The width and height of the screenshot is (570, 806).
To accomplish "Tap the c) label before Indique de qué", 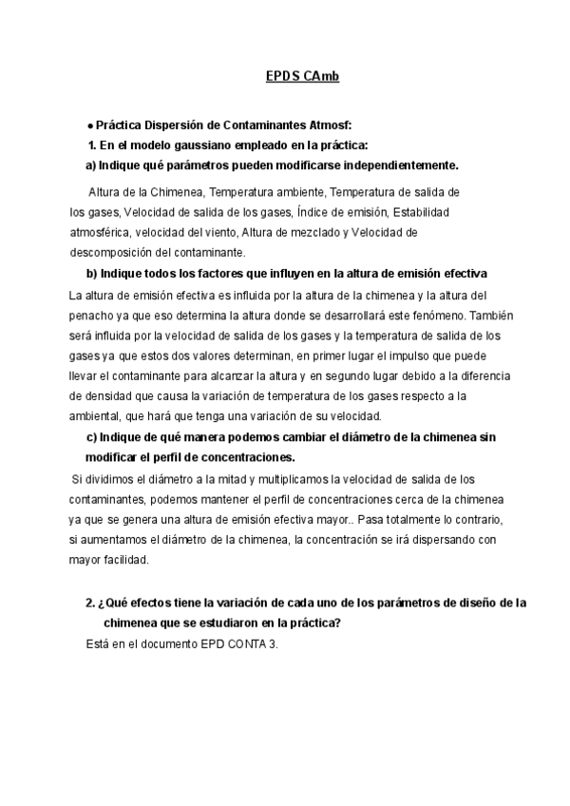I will [x=92, y=437].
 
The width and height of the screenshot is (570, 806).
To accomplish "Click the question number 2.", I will [x=88, y=604].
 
